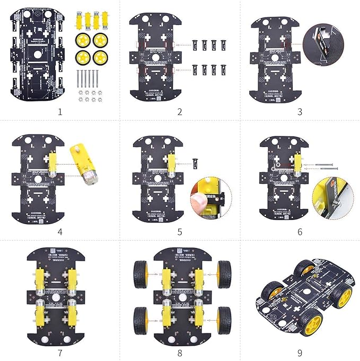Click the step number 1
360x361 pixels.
pos(60,112)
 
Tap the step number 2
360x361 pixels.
pos(180,112)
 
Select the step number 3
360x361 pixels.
pos(300,112)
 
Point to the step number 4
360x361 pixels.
pos(60,232)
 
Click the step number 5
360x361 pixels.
pos(180,232)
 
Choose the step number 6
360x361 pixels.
pos(300,232)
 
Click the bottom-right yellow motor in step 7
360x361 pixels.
pos(72,314)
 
